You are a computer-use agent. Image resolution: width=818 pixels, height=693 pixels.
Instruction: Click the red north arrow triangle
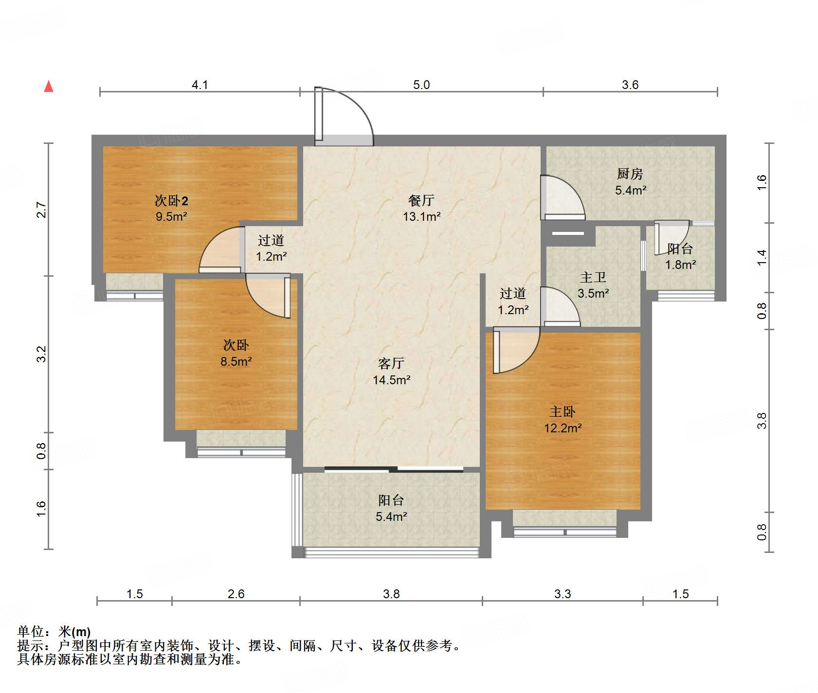point(49,86)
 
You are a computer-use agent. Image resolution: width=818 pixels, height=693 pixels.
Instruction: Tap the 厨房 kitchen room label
point(630,174)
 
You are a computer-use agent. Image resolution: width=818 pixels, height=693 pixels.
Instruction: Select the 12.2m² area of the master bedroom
point(563,428)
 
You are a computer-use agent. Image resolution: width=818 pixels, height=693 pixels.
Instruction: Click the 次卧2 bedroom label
point(171,200)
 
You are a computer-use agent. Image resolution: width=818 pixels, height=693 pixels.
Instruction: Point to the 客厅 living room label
point(391,363)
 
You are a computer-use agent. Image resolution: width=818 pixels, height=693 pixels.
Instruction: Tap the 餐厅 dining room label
point(421,200)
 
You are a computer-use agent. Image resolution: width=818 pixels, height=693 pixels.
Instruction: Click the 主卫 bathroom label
point(593,277)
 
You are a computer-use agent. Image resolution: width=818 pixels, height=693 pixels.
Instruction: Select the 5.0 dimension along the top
point(421,85)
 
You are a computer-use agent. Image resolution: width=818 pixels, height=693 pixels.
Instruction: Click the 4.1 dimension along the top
point(200,85)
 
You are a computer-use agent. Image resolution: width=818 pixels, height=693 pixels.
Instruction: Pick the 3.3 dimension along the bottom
point(563,594)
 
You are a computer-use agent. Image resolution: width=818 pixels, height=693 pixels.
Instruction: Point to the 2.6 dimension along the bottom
point(236,594)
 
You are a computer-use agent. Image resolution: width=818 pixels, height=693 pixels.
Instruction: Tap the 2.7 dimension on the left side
point(42,210)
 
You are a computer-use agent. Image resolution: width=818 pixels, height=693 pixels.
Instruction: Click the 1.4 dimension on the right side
point(762,257)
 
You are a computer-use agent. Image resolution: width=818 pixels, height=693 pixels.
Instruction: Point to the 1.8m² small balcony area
point(680,265)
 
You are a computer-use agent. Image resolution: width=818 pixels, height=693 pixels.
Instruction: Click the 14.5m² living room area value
point(392,380)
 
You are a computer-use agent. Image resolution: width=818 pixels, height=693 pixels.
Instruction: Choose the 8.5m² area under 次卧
point(236,362)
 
